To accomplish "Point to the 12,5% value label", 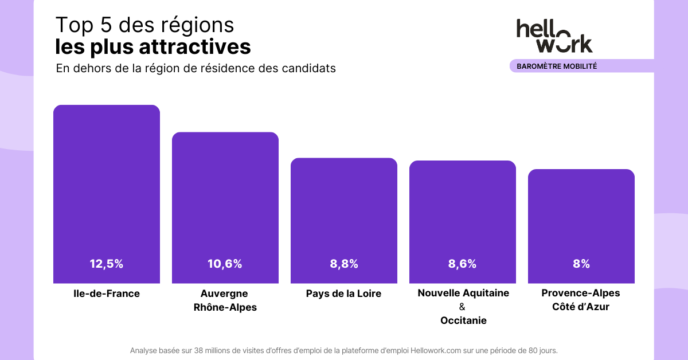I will click(x=107, y=264).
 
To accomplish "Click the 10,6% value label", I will click(x=225, y=264).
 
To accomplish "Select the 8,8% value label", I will click(x=344, y=264).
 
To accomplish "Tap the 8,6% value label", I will click(x=462, y=264).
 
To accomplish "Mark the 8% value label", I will click(x=581, y=264).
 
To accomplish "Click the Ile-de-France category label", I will click(x=107, y=294).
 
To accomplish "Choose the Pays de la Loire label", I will click(x=343, y=294).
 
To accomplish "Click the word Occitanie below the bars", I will click(x=463, y=320).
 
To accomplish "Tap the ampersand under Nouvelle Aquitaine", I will click(x=463, y=307).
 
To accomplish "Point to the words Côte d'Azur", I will click(x=581, y=307).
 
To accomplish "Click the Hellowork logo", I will click(x=554, y=36).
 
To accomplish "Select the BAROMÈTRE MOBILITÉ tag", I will click(x=557, y=66).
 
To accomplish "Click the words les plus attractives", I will click(x=153, y=46).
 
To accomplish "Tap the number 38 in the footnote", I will click(x=199, y=350).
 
